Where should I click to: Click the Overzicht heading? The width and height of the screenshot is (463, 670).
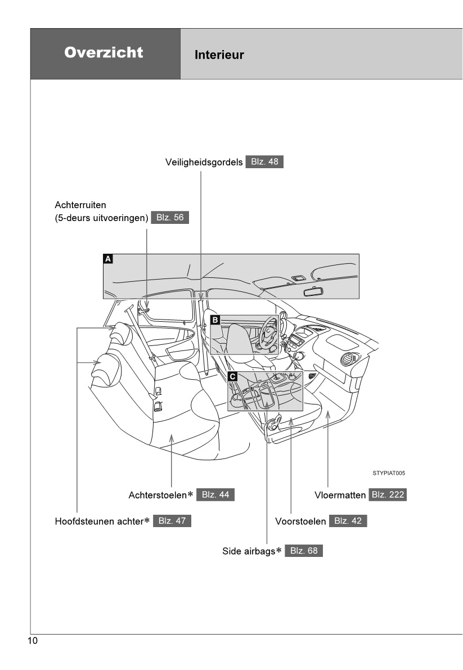click(104, 53)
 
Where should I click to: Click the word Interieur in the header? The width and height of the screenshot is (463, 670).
click(219, 55)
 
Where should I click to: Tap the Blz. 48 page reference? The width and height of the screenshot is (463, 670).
click(264, 162)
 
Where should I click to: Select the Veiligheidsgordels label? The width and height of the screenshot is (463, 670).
click(204, 162)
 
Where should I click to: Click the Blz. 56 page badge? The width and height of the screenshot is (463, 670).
click(170, 218)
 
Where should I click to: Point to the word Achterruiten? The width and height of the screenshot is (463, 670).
click(80, 205)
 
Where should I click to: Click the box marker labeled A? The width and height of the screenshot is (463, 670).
click(108, 259)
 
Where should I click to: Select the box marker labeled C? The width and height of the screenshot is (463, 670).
click(232, 375)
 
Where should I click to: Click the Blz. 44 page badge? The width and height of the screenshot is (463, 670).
click(215, 495)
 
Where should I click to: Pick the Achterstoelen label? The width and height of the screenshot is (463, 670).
click(158, 495)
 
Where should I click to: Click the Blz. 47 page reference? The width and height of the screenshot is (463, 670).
click(172, 521)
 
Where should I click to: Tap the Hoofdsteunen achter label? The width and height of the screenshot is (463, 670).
click(98, 521)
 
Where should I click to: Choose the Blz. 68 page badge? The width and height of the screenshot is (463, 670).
click(304, 551)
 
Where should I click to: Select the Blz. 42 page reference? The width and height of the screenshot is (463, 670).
click(348, 521)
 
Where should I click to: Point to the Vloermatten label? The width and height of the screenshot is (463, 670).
click(340, 495)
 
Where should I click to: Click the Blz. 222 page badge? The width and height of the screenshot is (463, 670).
click(388, 495)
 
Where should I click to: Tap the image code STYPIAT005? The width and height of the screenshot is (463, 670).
click(388, 473)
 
